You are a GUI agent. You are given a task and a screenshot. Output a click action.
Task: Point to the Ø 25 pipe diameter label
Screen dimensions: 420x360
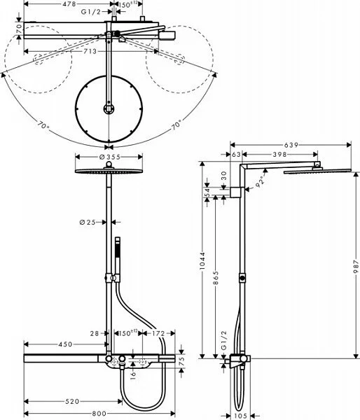[x=87, y=223]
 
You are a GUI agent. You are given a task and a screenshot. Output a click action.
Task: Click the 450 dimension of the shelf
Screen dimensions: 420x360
[x=65, y=344]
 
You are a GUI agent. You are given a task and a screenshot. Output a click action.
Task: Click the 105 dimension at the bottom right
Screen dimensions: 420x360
[x=241, y=414]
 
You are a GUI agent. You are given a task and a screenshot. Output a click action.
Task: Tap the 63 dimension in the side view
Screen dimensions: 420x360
[x=235, y=154]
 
